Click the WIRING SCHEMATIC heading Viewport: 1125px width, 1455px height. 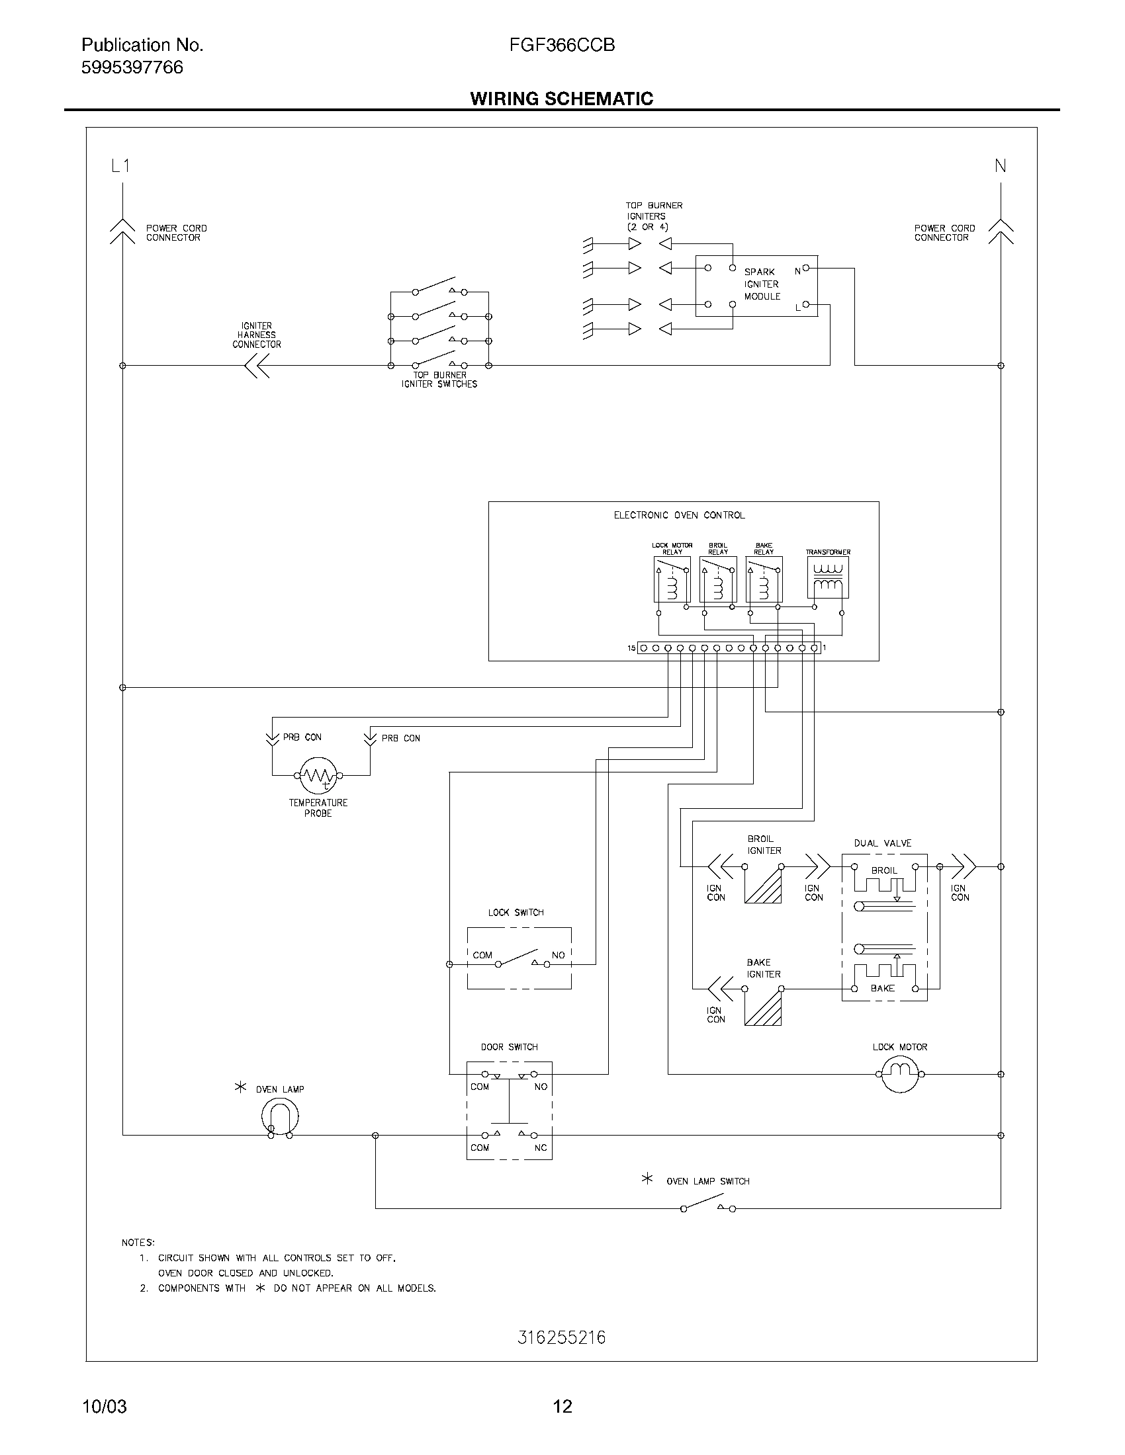tap(561, 99)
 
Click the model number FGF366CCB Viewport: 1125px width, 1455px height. tap(562, 44)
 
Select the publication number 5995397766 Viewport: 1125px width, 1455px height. tap(132, 67)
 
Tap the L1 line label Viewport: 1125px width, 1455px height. tap(120, 166)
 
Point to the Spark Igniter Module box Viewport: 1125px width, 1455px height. tap(756, 286)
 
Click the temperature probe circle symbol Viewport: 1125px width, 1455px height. tap(318, 775)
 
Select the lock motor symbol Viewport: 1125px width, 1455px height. tap(900, 1074)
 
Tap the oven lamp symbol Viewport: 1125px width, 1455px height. tap(279, 1116)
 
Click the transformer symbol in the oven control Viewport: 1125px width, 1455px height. tap(827, 577)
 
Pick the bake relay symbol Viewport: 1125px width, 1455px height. tap(764, 579)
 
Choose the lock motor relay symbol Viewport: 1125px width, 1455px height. tap(672, 579)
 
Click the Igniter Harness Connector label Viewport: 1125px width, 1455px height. tap(257, 335)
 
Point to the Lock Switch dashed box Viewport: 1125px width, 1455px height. tap(519, 958)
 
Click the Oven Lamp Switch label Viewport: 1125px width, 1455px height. tap(708, 1181)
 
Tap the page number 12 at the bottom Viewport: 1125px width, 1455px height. tap(562, 1406)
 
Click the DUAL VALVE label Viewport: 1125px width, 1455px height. tap(882, 843)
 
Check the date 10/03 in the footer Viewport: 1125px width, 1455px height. tap(104, 1406)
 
